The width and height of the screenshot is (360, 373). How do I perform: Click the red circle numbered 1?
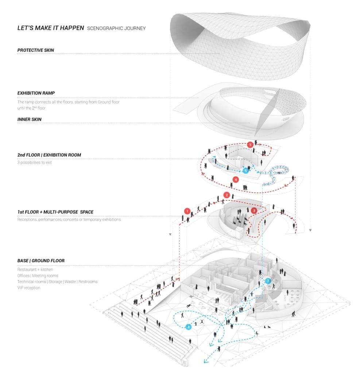click(187, 211)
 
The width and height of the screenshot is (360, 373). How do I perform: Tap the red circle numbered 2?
click(227, 195)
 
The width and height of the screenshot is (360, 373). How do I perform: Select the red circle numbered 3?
click(254, 210)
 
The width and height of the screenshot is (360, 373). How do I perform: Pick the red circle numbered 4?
click(236, 180)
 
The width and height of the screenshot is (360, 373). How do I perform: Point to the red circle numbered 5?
click(250, 145)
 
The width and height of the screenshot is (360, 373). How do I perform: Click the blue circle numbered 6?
click(245, 170)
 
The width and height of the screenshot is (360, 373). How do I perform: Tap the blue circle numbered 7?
click(268, 281)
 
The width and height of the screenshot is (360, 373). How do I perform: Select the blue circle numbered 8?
click(188, 327)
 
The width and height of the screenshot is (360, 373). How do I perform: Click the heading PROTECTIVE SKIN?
click(35, 50)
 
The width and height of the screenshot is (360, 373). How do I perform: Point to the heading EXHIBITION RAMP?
click(36, 93)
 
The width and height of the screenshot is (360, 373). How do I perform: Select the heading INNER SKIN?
click(29, 119)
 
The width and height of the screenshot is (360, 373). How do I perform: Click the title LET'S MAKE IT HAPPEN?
click(51, 28)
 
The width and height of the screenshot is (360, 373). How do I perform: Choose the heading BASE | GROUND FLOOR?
click(41, 261)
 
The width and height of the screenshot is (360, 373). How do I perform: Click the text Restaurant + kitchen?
click(35, 270)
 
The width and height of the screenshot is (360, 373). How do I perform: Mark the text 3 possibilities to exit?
click(35, 162)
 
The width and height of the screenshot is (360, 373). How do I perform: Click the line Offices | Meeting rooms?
click(38, 276)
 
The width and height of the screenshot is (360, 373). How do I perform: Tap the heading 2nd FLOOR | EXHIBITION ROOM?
click(49, 155)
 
